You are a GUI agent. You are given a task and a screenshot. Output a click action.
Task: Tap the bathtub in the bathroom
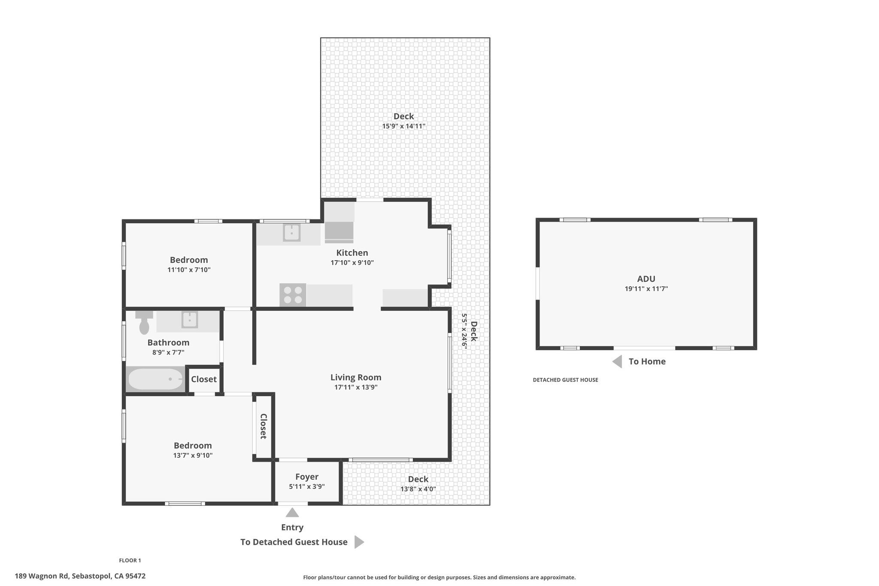(x=155, y=379)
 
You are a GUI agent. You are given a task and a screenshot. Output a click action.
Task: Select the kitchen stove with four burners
(x=293, y=295)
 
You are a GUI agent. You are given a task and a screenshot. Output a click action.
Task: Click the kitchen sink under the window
(x=291, y=233)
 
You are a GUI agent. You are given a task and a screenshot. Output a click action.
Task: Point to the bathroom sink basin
(x=189, y=320)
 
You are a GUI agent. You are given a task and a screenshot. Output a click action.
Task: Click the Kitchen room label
(x=352, y=253)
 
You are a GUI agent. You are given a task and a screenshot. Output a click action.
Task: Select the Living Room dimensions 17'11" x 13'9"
(x=356, y=387)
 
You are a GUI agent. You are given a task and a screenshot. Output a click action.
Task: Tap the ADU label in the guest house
(x=646, y=279)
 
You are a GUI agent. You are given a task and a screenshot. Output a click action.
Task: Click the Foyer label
(x=307, y=477)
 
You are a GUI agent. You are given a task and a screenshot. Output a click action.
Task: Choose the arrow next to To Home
(x=617, y=361)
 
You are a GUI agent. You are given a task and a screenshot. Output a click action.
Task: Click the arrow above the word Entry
(x=292, y=512)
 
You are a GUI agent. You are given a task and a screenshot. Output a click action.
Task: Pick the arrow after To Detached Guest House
(x=359, y=542)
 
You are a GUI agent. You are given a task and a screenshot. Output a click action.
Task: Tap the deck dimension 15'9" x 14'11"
(x=404, y=126)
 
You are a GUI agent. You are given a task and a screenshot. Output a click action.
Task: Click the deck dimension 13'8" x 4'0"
(x=418, y=489)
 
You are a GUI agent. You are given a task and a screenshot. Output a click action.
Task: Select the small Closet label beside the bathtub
(x=204, y=379)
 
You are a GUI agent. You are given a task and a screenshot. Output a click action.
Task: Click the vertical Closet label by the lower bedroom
(x=264, y=426)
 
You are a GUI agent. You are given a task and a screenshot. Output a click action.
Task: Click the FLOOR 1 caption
(x=130, y=560)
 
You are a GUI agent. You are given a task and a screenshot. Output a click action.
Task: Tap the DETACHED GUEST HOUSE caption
(x=565, y=380)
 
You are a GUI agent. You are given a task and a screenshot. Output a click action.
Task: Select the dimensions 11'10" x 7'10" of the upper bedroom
(x=189, y=270)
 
